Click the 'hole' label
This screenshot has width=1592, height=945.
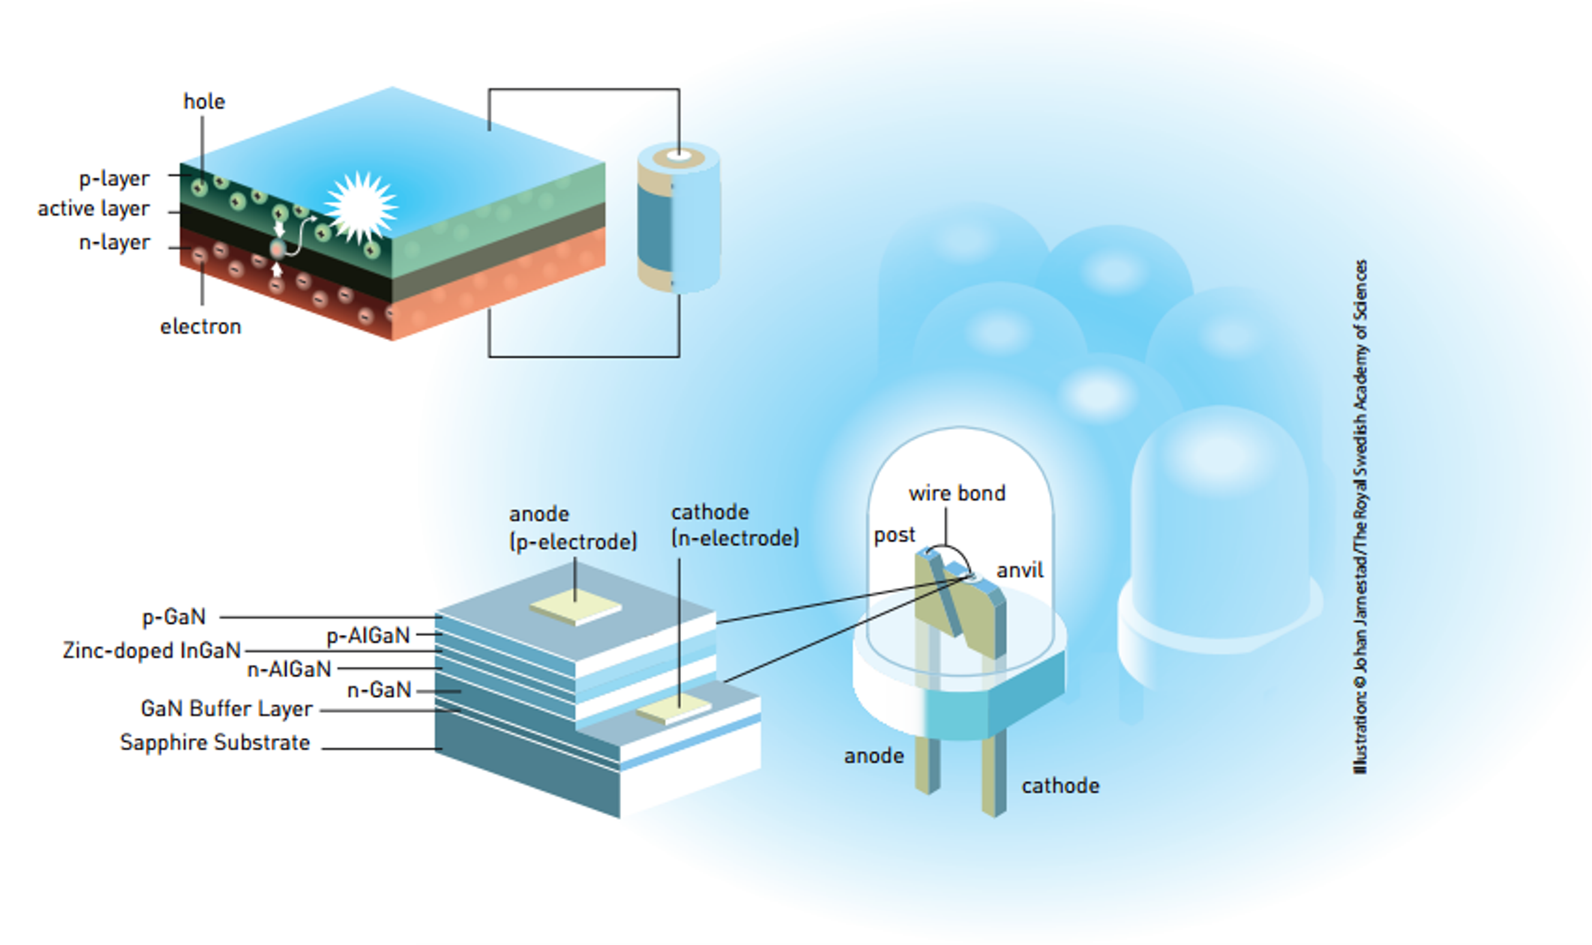[x=204, y=101]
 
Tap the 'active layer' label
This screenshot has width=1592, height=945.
[x=93, y=208]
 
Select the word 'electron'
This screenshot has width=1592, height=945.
[x=200, y=326]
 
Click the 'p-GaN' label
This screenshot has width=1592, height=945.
[x=173, y=616]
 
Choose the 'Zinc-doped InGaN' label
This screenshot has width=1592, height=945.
[x=152, y=650]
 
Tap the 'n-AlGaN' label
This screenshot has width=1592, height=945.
[x=289, y=668]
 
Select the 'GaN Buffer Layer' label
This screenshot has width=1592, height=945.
[x=226, y=708]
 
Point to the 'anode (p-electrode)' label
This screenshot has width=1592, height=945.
[x=572, y=528]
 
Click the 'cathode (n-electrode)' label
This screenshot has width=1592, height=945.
[x=734, y=526]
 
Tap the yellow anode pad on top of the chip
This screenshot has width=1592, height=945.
[x=575, y=609]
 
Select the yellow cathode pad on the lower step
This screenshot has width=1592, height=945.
[x=674, y=707]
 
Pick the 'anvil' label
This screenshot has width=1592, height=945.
[x=1020, y=570]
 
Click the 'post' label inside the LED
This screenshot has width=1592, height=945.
[x=894, y=535]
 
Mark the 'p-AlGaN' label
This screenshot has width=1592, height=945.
[x=368, y=635]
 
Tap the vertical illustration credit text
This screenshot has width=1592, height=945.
[x=1360, y=517]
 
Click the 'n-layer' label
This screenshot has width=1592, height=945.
[x=114, y=242]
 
